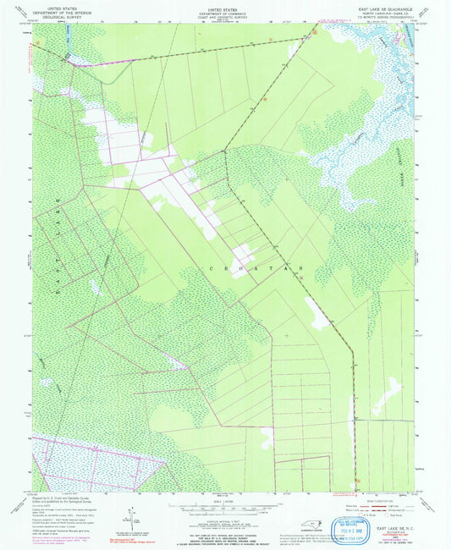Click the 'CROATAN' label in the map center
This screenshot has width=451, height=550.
254,267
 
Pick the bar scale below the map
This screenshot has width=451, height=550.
224,505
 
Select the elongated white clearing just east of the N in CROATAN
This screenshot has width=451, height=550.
319,315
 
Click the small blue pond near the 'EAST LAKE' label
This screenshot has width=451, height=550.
95,288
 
